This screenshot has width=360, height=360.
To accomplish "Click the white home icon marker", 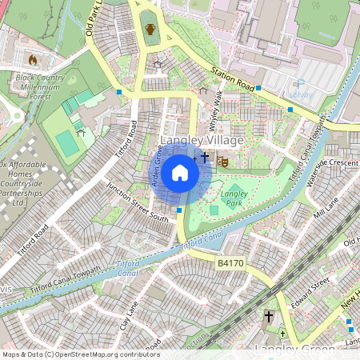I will point(180,172).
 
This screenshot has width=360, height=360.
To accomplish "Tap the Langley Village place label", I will point(202,141).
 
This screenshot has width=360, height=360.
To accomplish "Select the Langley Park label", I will point(234,198).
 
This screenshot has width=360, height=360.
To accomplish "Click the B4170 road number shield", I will point(230,262).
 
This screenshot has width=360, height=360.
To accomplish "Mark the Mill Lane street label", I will point(326,207).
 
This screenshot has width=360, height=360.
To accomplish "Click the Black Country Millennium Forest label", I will point(39,86).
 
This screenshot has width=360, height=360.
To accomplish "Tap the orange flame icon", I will point(33,59).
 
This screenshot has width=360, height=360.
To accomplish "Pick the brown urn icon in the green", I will point(150,30).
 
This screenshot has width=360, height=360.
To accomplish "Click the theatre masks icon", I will point(222,161).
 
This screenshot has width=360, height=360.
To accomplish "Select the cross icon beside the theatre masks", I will point(206,158).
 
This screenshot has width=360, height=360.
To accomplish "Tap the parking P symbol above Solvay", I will point(299,82).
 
